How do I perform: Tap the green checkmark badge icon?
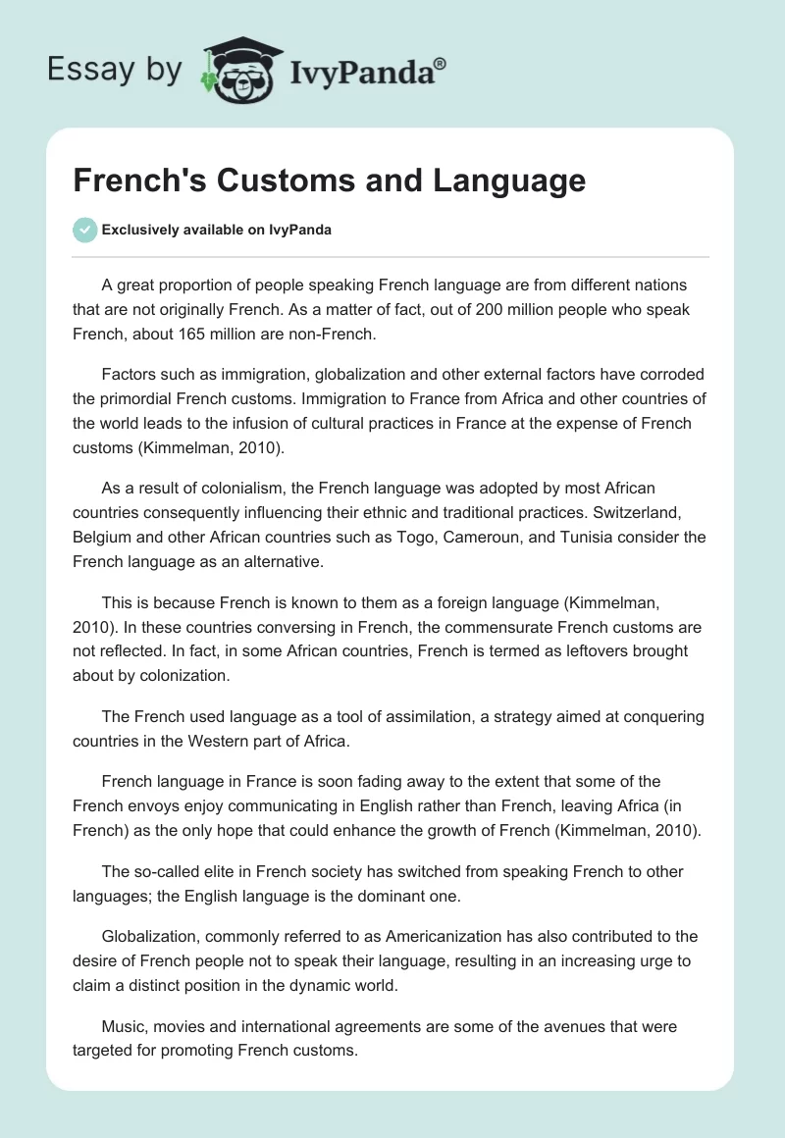tap(84, 230)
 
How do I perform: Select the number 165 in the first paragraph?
tap(207, 334)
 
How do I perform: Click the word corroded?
tap(667, 374)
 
